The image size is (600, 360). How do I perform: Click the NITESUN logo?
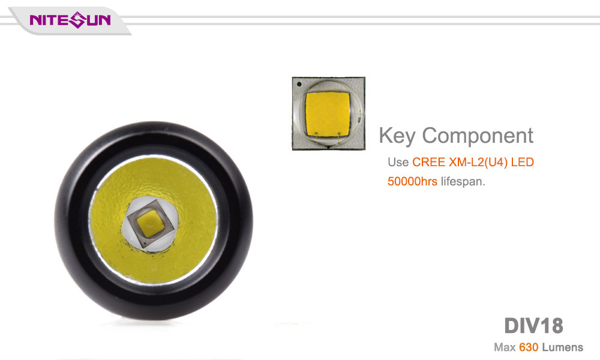tap(70, 20)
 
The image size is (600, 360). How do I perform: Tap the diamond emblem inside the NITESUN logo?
tap(78, 20)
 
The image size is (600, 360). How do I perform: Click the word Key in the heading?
tap(397, 136)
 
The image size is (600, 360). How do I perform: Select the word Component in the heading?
tap(478, 136)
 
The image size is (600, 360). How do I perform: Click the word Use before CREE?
tap(398, 162)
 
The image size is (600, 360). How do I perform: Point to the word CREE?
tap(428, 162)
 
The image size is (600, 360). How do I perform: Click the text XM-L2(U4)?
tap(478, 162)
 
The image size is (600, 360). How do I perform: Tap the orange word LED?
tap(523, 162)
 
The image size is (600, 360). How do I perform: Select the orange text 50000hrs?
tap(412, 181)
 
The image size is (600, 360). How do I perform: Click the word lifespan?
tap(463, 182)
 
